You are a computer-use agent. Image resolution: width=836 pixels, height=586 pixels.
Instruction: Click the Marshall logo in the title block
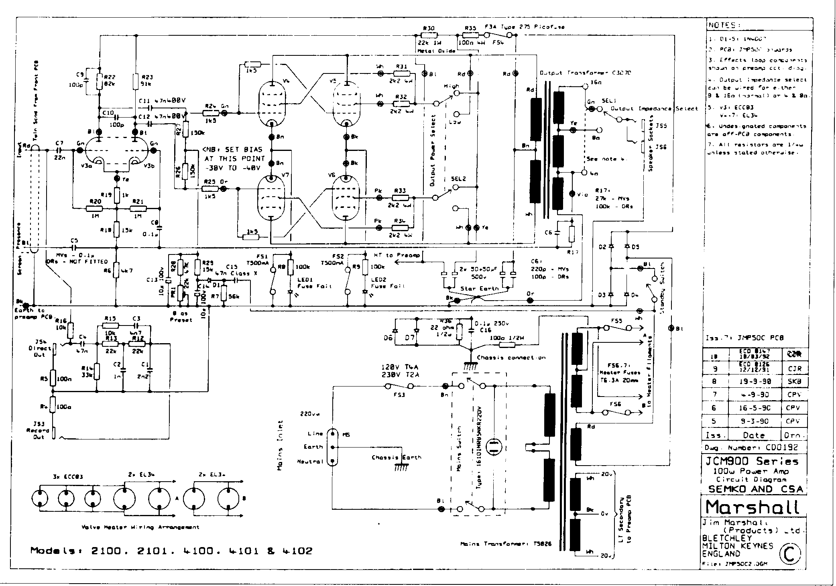click(x=752, y=507)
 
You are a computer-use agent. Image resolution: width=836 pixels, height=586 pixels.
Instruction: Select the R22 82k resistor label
click(x=110, y=81)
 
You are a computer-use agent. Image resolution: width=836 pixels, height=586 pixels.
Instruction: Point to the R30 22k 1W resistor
click(x=429, y=35)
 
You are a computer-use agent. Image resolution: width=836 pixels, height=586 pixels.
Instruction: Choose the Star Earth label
click(x=479, y=288)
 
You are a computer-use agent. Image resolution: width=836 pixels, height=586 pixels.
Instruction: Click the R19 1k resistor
click(x=117, y=195)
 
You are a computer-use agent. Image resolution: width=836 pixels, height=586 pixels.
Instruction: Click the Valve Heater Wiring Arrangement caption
click(x=140, y=527)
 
